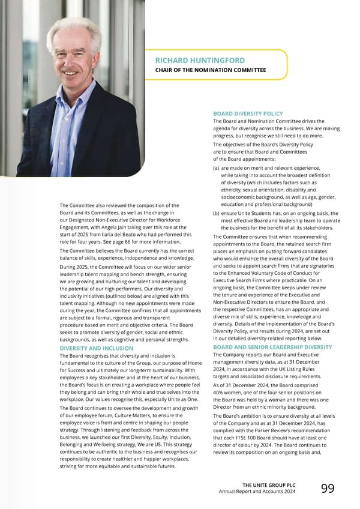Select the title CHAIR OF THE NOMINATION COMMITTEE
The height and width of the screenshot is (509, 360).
coord(210,70)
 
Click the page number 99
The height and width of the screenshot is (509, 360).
coord(328,489)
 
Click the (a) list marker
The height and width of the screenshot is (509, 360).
coord(216,169)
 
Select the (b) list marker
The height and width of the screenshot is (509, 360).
coord(216,213)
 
